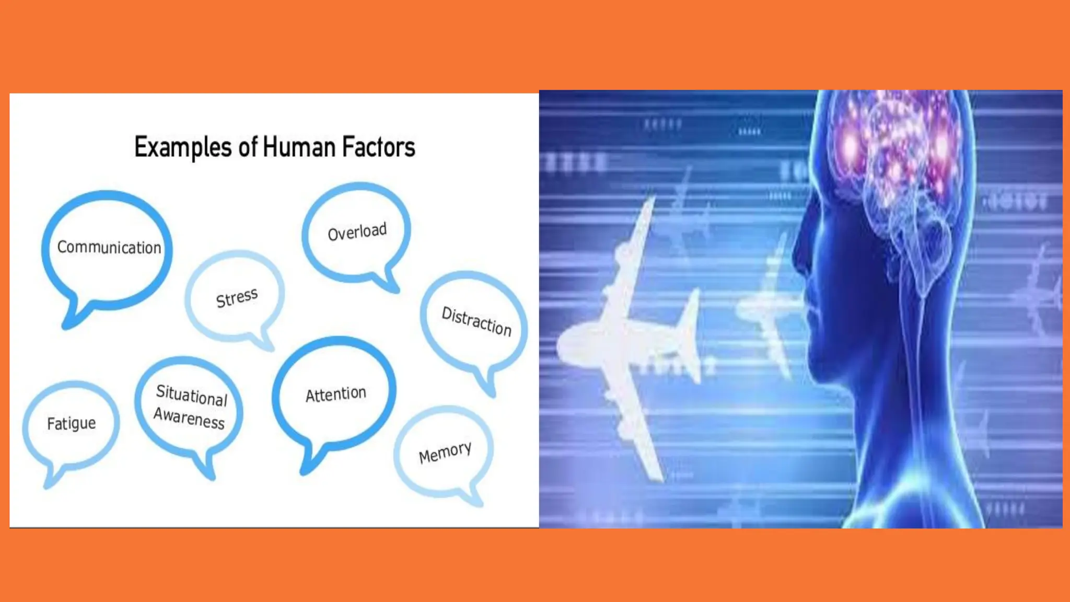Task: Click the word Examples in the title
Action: [x=182, y=147]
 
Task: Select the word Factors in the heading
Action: [x=378, y=147]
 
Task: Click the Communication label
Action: [x=109, y=247]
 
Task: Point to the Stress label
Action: [x=237, y=298]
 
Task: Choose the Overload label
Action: [x=357, y=231]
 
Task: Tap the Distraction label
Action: [x=476, y=321]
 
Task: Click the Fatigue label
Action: [x=72, y=423]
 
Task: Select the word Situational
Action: [x=192, y=395]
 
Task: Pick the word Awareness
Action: [x=189, y=418]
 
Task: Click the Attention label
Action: [x=336, y=394]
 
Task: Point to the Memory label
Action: [x=445, y=452]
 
